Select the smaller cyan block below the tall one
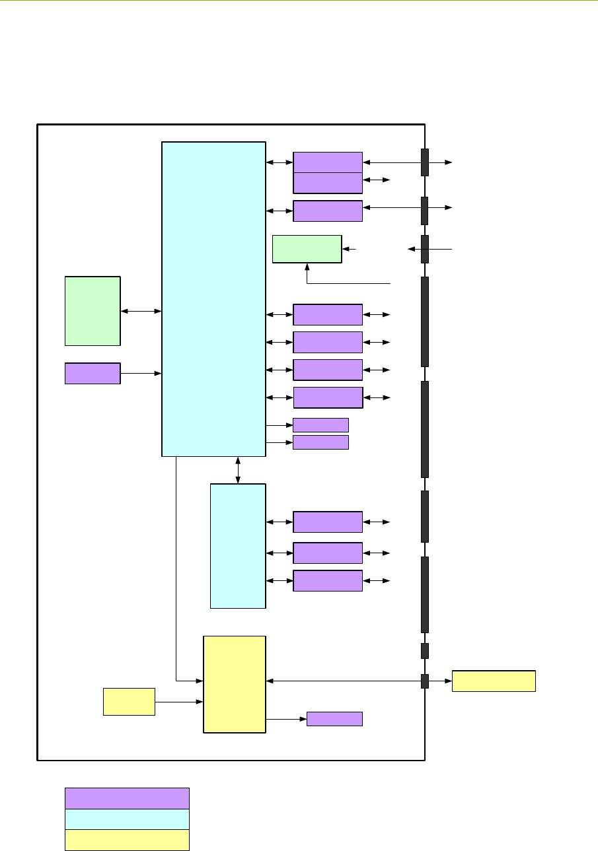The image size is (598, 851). click(x=238, y=545)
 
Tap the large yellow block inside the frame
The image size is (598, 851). click(x=234, y=684)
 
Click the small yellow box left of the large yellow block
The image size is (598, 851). click(x=129, y=701)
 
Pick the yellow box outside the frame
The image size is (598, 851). click(x=493, y=681)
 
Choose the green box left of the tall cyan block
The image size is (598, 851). click(x=93, y=311)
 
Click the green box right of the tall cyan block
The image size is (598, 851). click(x=307, y=249)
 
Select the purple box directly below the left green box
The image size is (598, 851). click(x=93, y=373)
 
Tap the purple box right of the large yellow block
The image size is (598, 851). click(x=334, y=719)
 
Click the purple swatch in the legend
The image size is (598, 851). click(x=127, y=798)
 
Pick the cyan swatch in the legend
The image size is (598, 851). click(x=127, y=819)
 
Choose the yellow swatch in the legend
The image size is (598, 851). click(x=127, y=840)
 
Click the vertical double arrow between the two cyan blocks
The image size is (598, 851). click(x=238, y=470)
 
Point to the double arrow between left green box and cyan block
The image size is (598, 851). click(x=141, y=310)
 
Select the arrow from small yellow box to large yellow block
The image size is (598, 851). click(x=178, y=702)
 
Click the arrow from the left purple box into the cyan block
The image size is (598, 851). click(x=141, y=374)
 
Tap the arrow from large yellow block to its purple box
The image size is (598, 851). click(x=286, y=719)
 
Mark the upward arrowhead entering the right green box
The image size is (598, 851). click(x=307, y=267)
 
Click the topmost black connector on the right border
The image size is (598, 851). click(x=425, y=162)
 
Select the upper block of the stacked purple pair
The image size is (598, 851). click(x=328, y=162)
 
